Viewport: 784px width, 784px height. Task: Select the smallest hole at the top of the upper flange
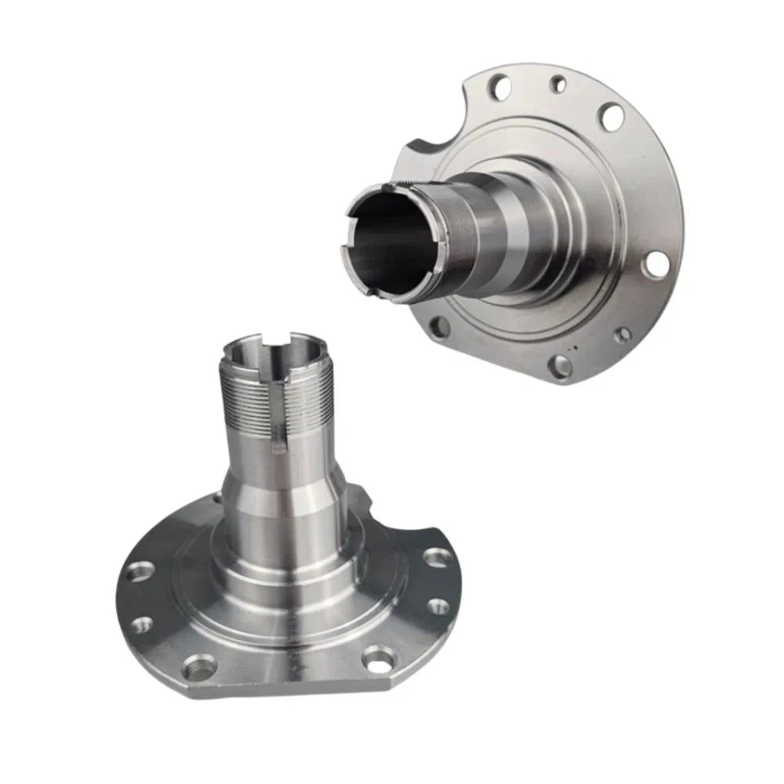pos(558,83)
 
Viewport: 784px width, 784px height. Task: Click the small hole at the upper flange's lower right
pos(622,336)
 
